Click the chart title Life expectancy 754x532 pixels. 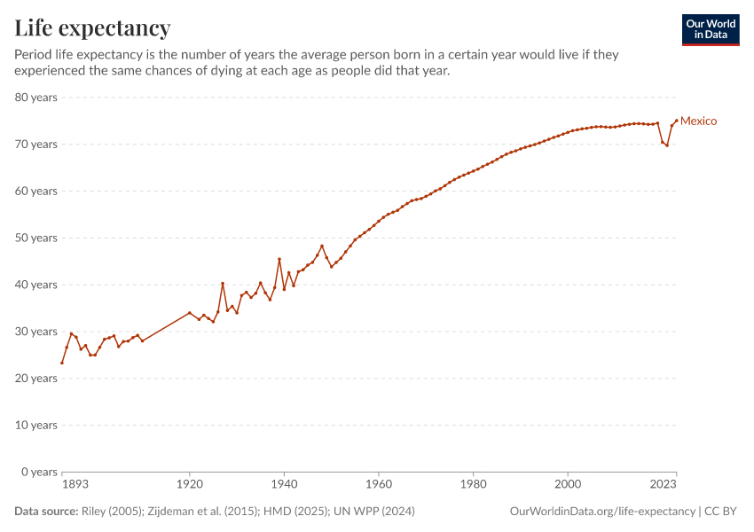(x=92, y=28)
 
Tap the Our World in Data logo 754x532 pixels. (x=710, y=29)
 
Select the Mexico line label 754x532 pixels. (x=698, y=121)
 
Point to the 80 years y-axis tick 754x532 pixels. (x=36, y=98)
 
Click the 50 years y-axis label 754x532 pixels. (x=36, y=238)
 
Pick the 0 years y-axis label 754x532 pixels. (x=39, y=472)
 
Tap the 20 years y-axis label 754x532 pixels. (x=36, y=379)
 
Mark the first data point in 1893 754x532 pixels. (x=62, y=363)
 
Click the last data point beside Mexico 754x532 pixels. (x=676, y=121)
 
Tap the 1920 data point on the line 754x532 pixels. (x=189, y=312)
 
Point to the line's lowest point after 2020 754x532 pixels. (x=667, y=145)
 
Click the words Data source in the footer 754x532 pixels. (x=44, y=512)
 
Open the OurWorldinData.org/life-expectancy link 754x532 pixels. (x=602, y=512)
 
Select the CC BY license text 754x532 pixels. (x=723, y=512)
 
